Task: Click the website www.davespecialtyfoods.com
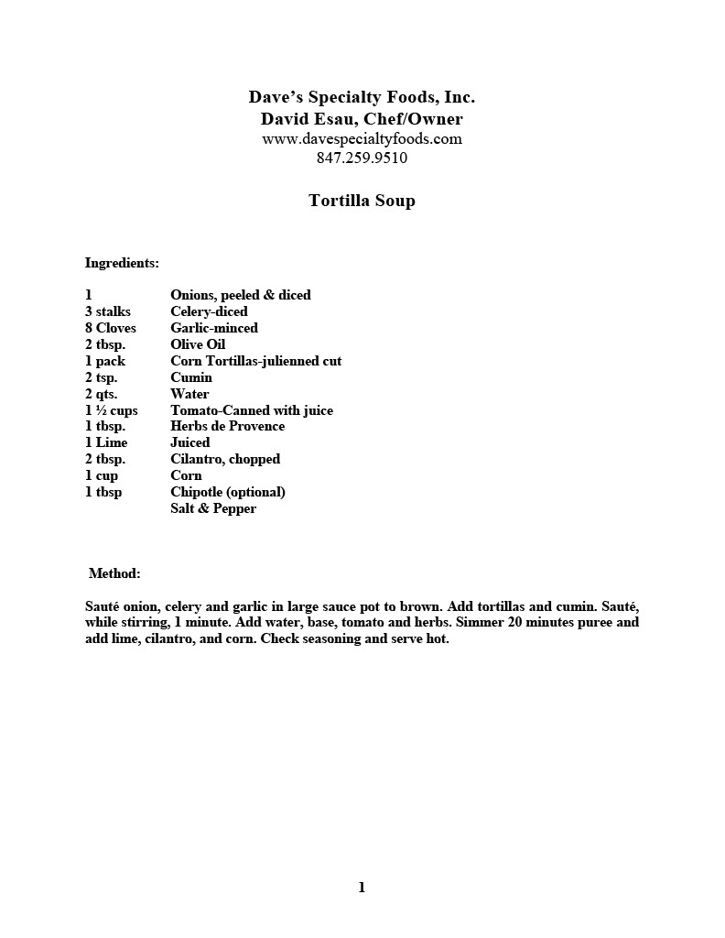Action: pos(362,139)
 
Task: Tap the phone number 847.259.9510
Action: pos(362,158)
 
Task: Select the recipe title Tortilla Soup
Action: pos(362,201)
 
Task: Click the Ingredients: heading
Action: pos(122,263)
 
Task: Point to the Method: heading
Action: pos(114,573)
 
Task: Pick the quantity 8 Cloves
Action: pos(110,328)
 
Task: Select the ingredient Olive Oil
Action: pos(198,344)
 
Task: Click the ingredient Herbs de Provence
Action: pos(227,426)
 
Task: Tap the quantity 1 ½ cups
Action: pos(111,410)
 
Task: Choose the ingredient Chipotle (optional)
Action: pos(228,492)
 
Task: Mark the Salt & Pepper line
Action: pos(213,508)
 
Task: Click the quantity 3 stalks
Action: pos(108,311)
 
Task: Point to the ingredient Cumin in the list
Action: pos(191,377)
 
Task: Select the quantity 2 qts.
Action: pos(102,394)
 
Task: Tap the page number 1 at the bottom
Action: pos(362,887)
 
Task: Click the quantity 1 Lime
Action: pos(106,442)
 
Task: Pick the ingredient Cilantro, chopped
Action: pos(225,459)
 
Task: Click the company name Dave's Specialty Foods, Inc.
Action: pos(362,97)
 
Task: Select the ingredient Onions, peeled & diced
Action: pos(241,295)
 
